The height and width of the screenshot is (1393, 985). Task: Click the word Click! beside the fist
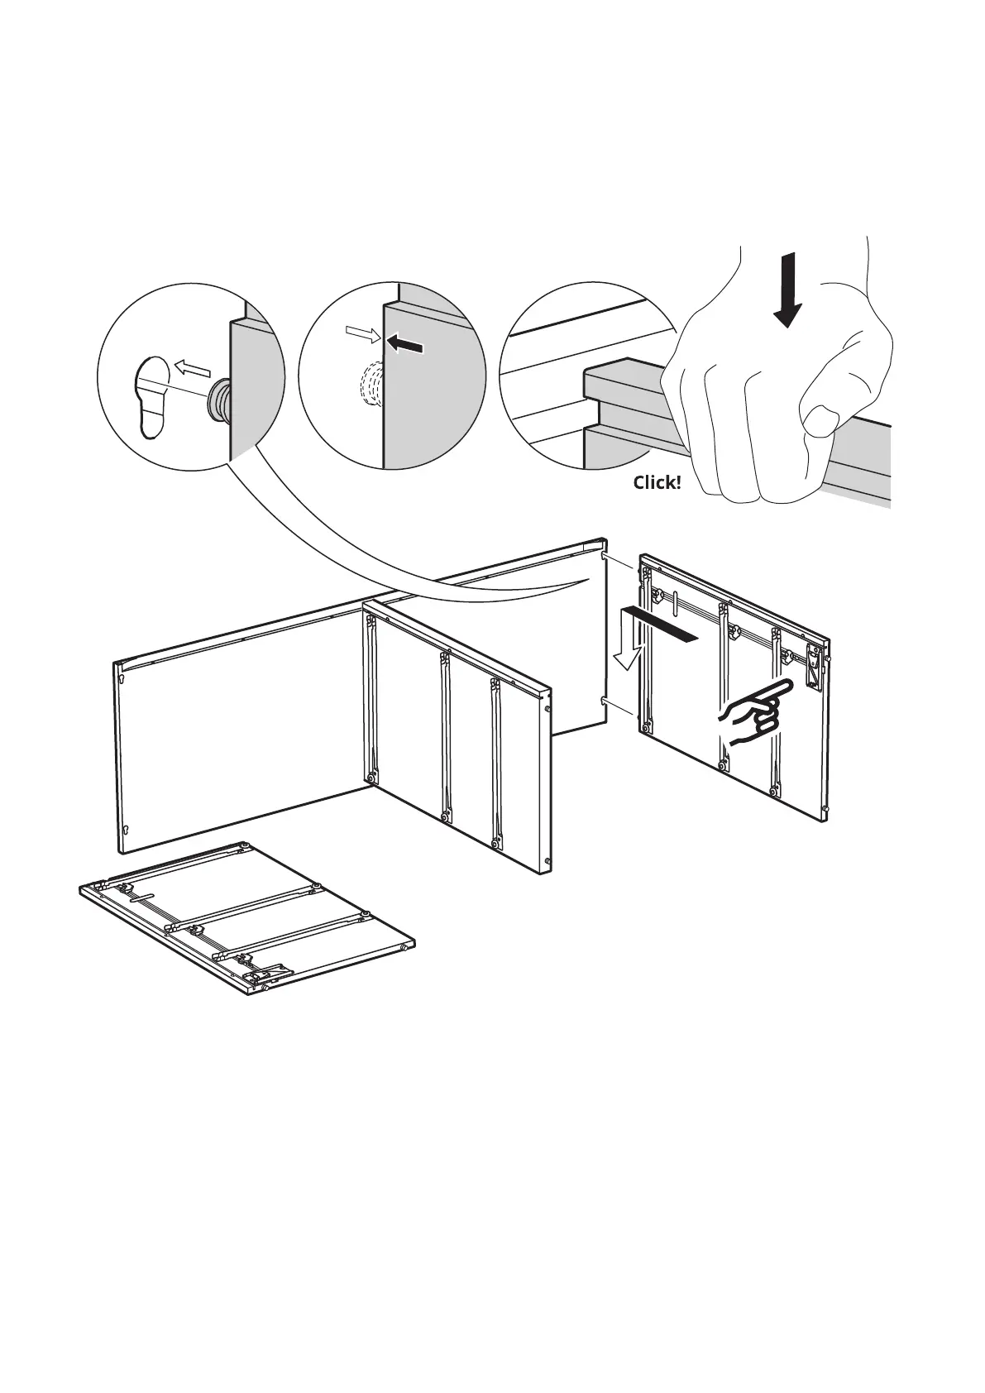point(657,482)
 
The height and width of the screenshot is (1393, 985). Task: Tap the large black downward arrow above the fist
point(788,290)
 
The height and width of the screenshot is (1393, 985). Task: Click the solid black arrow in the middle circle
point(406,344)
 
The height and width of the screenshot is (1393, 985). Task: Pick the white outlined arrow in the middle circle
point(362,334)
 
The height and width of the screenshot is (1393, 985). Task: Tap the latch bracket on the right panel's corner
point(814,666)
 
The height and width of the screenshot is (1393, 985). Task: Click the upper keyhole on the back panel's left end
point(123,680)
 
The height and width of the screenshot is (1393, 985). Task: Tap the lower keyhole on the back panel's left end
point(125,831)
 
